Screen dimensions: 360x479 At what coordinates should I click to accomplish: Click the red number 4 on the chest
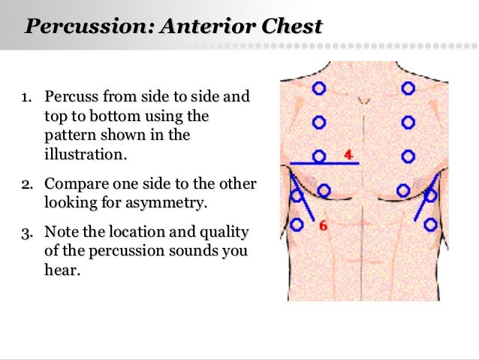[348, 154]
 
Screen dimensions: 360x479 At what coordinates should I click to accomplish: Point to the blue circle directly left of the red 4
[319, 156]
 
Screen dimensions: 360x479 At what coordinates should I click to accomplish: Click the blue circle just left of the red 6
[297, 224]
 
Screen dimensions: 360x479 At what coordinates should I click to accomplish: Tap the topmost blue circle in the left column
[319, 88]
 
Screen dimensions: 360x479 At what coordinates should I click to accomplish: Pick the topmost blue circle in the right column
[408, 88]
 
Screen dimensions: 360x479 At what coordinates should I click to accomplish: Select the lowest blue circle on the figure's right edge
[430, 224]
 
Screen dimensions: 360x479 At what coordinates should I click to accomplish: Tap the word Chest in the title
[294, 27]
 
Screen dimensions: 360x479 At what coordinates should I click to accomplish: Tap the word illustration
[85, 155]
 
